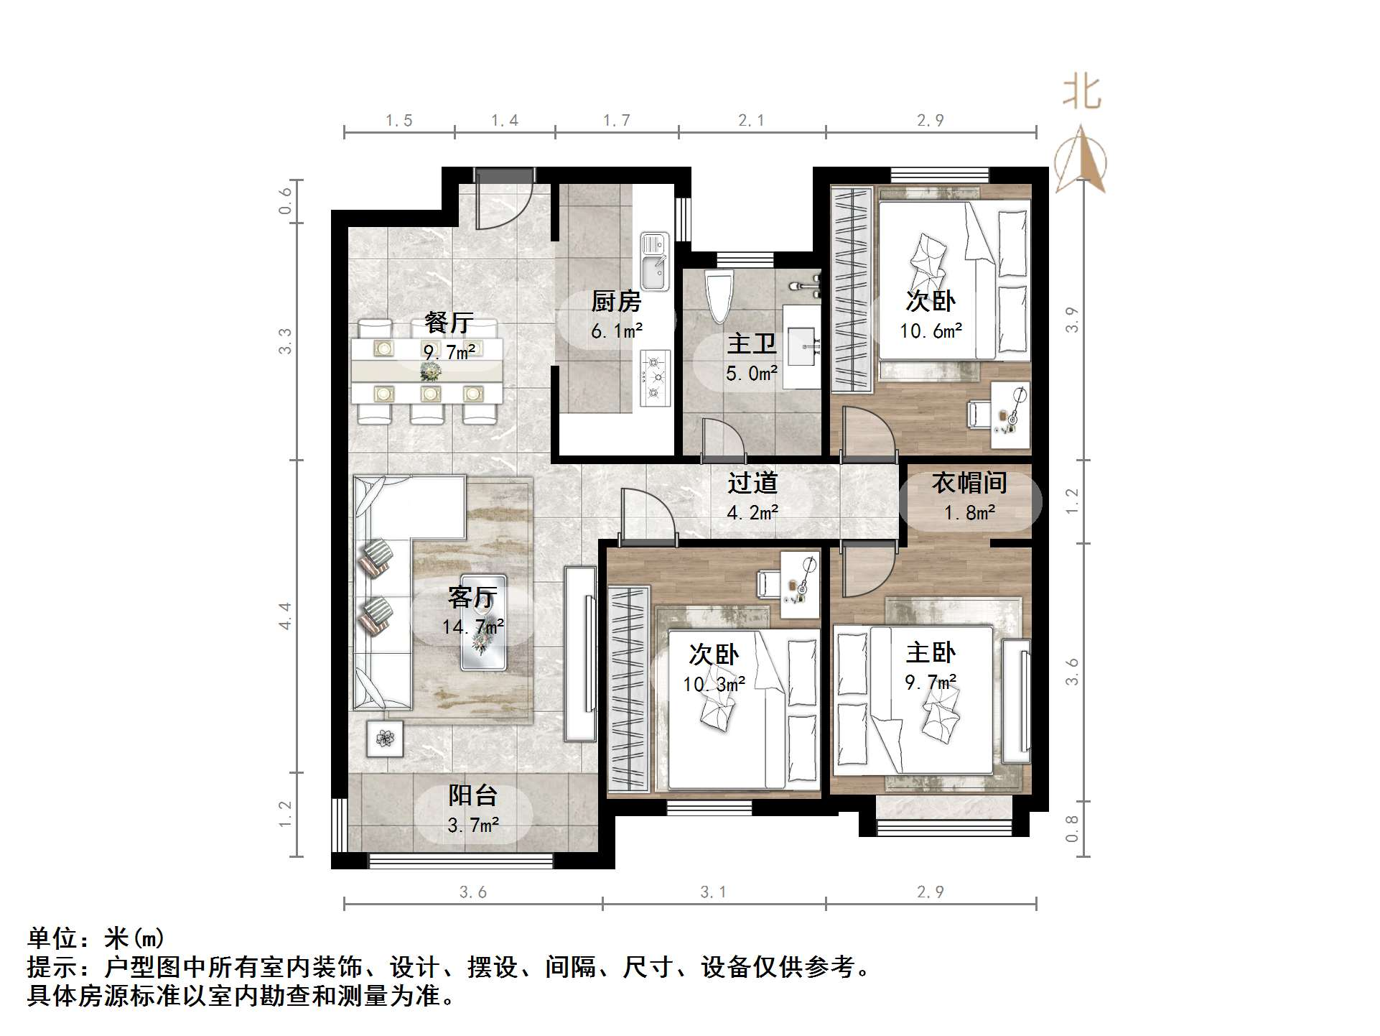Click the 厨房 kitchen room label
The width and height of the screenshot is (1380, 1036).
615,301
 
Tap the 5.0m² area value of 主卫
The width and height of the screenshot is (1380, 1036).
751,374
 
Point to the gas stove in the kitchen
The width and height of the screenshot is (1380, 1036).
654,377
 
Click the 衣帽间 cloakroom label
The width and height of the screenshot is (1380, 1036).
969,483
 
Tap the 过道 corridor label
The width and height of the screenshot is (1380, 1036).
752,483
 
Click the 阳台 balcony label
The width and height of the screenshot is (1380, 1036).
472,795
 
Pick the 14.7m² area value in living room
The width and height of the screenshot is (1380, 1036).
472,626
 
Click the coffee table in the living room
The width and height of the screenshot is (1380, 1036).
483,622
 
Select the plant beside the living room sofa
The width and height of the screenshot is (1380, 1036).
384,738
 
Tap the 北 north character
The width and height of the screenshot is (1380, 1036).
1081,94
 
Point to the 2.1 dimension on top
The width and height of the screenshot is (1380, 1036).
751,121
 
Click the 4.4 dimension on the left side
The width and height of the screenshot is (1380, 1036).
286,616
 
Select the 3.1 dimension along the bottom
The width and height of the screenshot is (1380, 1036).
713,892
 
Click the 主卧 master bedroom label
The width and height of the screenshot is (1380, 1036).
931,652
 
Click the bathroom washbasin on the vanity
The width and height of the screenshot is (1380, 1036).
802,346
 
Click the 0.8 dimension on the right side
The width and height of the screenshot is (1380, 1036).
1072,828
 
